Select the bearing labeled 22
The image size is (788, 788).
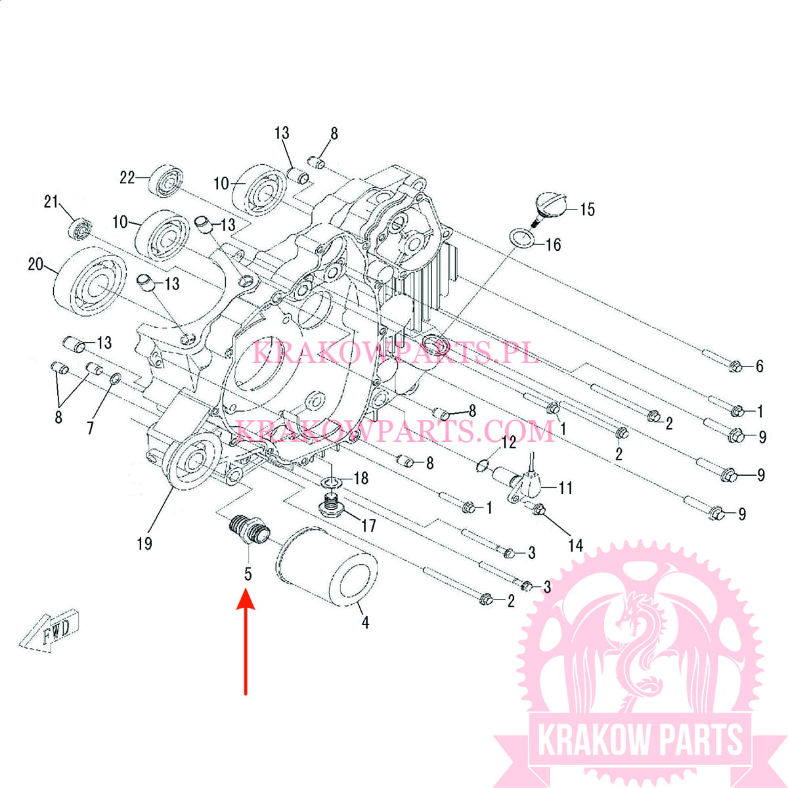coord(165,181)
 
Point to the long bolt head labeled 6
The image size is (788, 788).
coord(735,366)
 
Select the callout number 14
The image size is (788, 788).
coord(575,545)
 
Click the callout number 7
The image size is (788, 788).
coord(91,428)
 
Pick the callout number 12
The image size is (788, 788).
coord(509,443)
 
